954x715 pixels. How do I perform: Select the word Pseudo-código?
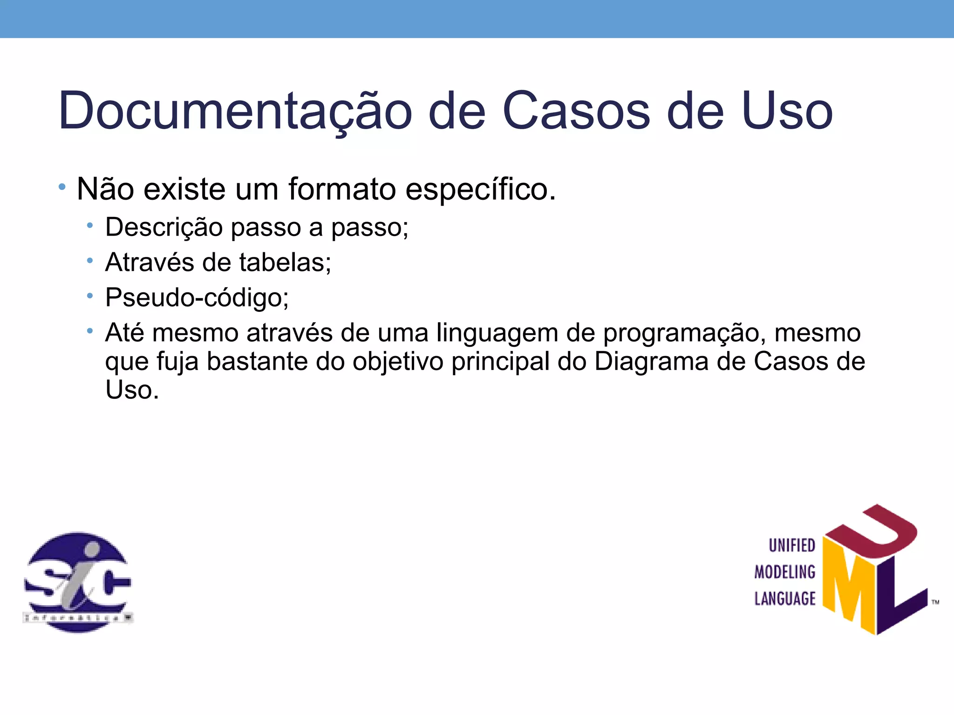197,298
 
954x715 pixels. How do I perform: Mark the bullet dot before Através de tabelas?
90,261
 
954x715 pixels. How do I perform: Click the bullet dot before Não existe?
62,187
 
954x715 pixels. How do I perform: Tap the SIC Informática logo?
78,582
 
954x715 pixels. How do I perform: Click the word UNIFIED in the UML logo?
791,546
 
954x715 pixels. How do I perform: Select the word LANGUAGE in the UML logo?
785,599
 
